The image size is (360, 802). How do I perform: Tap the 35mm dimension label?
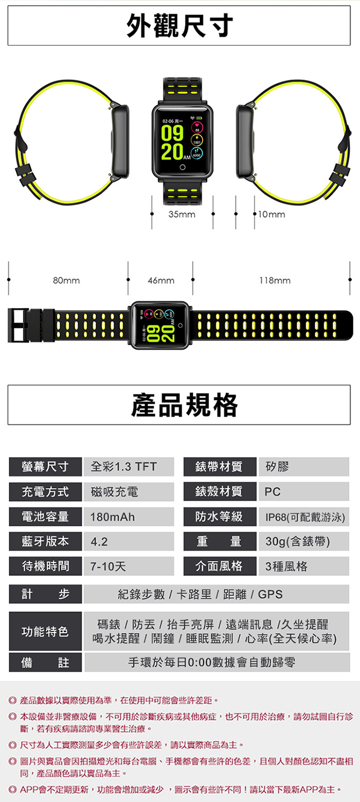click(x=182, y=214)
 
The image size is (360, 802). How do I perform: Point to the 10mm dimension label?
click(x=271, y=214)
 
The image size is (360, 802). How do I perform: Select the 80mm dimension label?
click(x=66, y=280)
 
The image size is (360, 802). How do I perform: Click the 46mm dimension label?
click(x=161, y=280)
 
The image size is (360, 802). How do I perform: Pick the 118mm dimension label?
click(x=274, y=280)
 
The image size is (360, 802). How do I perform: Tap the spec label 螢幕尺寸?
click(x=45, y=466)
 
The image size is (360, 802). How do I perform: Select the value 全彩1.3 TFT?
click(x=123, y=466)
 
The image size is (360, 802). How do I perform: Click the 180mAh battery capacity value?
click(x=112, y=516)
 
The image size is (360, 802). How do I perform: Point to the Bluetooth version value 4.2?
click(x=99, y=541)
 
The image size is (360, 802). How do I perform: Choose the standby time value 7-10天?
click(x=108, y=566)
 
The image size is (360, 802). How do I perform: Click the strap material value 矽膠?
click(x=277, y=466)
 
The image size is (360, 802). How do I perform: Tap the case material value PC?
click(x=272, y=491)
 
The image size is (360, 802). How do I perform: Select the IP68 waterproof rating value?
click(x=304, y=516)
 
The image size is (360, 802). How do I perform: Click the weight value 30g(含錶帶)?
click(x=297, y=541)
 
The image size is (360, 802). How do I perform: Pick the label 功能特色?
click(x=45, y=631)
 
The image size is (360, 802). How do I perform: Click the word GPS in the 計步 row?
click(x=270, y=594)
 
